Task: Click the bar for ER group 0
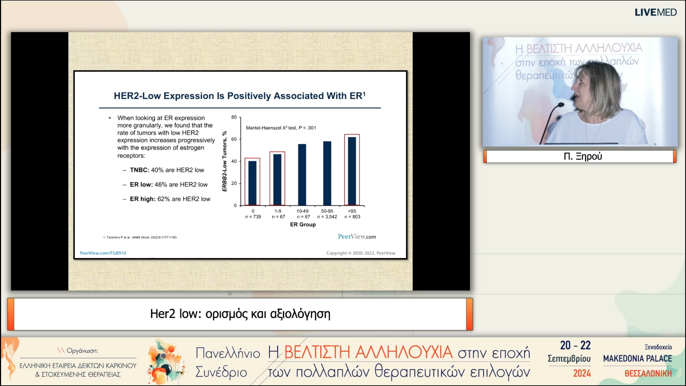tap(252, 183)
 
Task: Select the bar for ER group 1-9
tap(277, 180)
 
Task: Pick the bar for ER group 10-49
tap(302, 175)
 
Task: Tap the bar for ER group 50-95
tap(327, 173)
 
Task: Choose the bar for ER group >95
tap(352, 171)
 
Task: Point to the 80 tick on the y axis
tap(234, 117)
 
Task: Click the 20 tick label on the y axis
tap(234, 183)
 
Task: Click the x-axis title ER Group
tap(303, 224)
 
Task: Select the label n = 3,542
tap(327, 217)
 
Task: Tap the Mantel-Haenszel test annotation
tap(281, 128)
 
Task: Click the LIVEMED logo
tap(655, 12)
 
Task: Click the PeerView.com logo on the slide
tap(357, 236)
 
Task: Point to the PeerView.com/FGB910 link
tap(103, 253)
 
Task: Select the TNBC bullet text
tap(167, 170)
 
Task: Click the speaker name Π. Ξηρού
tap(583, 156)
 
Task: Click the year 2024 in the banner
tap(582, 373)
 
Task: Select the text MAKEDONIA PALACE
tap(637, 358)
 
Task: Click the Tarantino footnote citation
tap(140, 237)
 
